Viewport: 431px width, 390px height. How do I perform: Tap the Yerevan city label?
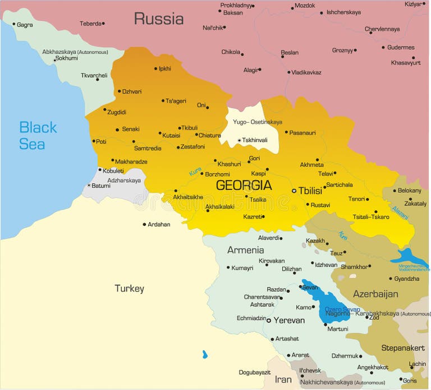(289, 321)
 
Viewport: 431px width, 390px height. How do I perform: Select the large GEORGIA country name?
(244, 185)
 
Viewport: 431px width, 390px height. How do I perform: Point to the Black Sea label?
(38, 136)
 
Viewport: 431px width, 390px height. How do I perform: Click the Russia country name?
(158, 19)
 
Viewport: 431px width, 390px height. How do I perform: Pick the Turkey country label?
(129, 289)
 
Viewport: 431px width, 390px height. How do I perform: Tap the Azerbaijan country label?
(375, 294)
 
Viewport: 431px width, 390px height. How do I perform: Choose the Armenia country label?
(245, 250)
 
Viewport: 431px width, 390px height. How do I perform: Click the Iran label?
(283, 379)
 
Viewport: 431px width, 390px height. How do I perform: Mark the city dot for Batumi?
(89, 185)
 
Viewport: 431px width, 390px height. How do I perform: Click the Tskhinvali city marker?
(239, 141)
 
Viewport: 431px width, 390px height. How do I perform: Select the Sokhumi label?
(66, 58)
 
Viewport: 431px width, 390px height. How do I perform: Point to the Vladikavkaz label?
(306, 72)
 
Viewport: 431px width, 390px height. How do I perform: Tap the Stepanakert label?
(403, 348)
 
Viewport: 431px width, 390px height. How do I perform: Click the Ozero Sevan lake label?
(342, 309)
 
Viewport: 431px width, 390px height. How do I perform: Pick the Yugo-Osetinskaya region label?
(258, 122)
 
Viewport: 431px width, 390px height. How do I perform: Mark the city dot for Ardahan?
(144, 225)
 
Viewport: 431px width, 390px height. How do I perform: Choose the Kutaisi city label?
(171, 135)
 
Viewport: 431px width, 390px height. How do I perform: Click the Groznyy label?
(342, 50)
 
